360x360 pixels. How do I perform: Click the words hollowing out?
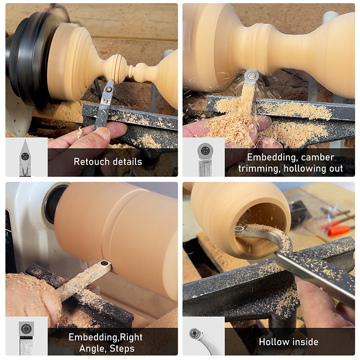pos(313,168)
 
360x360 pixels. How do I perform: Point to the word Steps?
pos(122,348)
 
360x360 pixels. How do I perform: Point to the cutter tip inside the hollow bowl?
pos(239,229)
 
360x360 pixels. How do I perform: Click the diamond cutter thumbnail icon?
pos(25,157)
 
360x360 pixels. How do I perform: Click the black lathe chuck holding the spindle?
pos(25,58)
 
